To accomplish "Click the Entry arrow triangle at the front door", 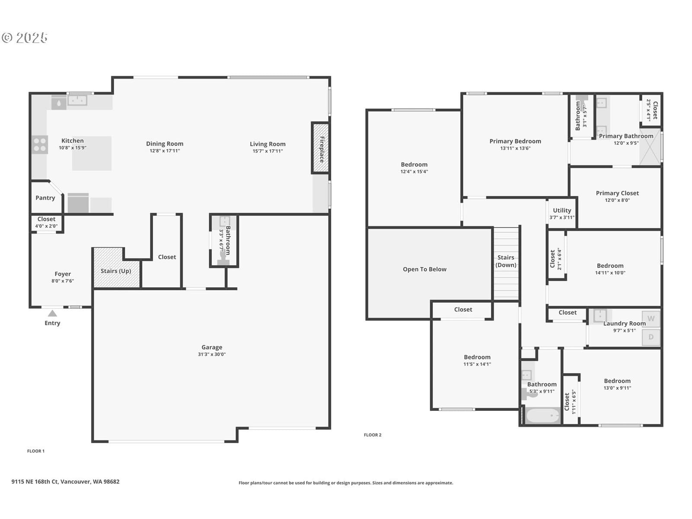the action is pos(52,313).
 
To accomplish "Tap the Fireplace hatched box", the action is pos(320,148).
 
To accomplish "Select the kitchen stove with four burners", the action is pos(40,144).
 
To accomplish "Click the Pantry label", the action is pos(45,198).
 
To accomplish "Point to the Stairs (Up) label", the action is pos(116,271).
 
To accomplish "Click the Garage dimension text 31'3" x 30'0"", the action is pos(212,354).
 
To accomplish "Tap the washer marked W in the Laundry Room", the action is pos(651,319).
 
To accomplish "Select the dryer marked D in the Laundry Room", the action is pos(651,337).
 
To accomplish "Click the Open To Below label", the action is pos(424,269).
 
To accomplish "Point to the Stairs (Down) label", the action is pos(506,261).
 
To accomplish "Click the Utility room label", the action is pos(562,210).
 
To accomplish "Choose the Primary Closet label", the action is pos(617,193).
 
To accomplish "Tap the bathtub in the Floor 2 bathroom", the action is pos(542,416).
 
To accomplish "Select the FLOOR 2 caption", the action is pos(373,435).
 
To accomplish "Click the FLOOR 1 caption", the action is pos(36,451).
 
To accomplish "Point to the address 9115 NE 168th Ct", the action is pos(35,481).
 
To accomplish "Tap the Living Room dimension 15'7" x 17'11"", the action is pos(268,151).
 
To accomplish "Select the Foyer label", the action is pos(63,274).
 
